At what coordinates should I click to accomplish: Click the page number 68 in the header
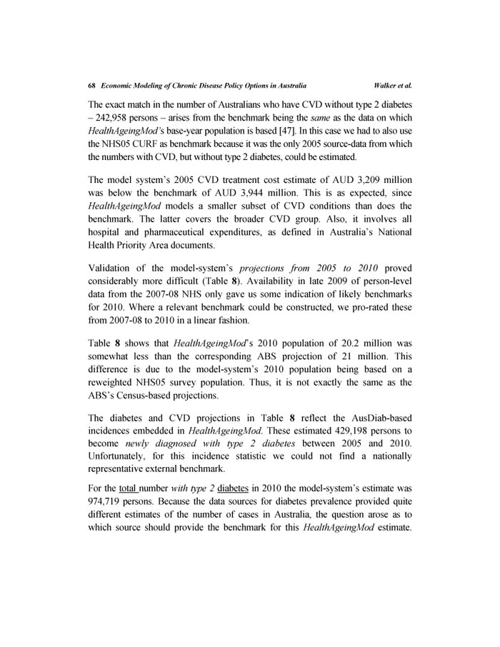point(91,85)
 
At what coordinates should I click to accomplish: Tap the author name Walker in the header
point(386,85)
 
